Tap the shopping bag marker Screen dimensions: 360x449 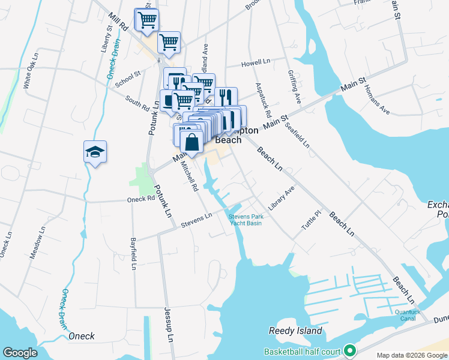tap(191, 143)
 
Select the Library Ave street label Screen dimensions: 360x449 tap(282, 198)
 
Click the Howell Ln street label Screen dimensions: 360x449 tap(256, 62)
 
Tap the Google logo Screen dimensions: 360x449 tap(20, 353)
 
